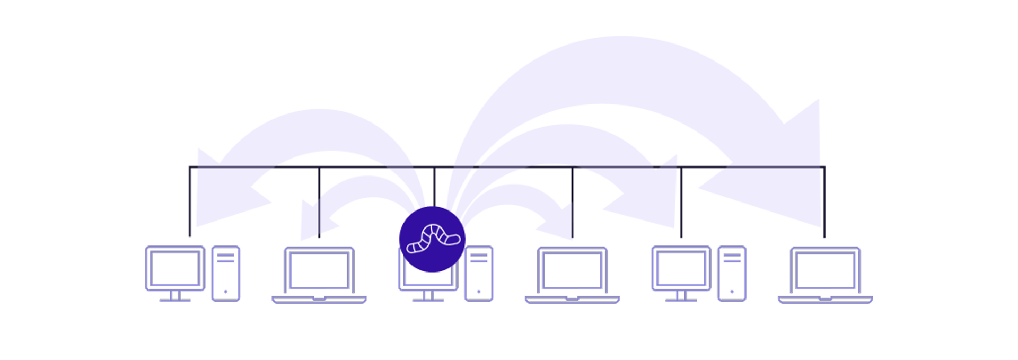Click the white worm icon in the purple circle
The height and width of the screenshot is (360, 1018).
[x=433, y=239]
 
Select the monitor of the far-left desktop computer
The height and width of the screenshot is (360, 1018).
[x=175, y=268]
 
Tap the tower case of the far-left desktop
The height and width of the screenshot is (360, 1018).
[x=226, y=274]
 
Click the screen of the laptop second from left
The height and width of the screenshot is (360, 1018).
[x=319, y=270]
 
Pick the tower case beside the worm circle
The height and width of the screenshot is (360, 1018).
[x=479, y=274]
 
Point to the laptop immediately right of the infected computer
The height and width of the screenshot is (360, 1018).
[x=572, y=274]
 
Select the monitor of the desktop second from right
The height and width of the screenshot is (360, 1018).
[x=681, y=268]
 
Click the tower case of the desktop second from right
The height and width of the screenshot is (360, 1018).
[x=732, y=274]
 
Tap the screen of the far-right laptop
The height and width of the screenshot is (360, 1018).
[x=826, y=270]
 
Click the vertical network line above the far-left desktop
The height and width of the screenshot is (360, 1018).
[x=190, y=201]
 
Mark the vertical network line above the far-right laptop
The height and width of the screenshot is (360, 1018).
[x=824, y=201]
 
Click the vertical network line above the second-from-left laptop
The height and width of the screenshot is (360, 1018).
[x=319, y=201]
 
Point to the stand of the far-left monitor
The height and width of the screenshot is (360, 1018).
[x=175, y=296]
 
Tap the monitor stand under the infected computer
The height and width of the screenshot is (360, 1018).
[x=428, y=296]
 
